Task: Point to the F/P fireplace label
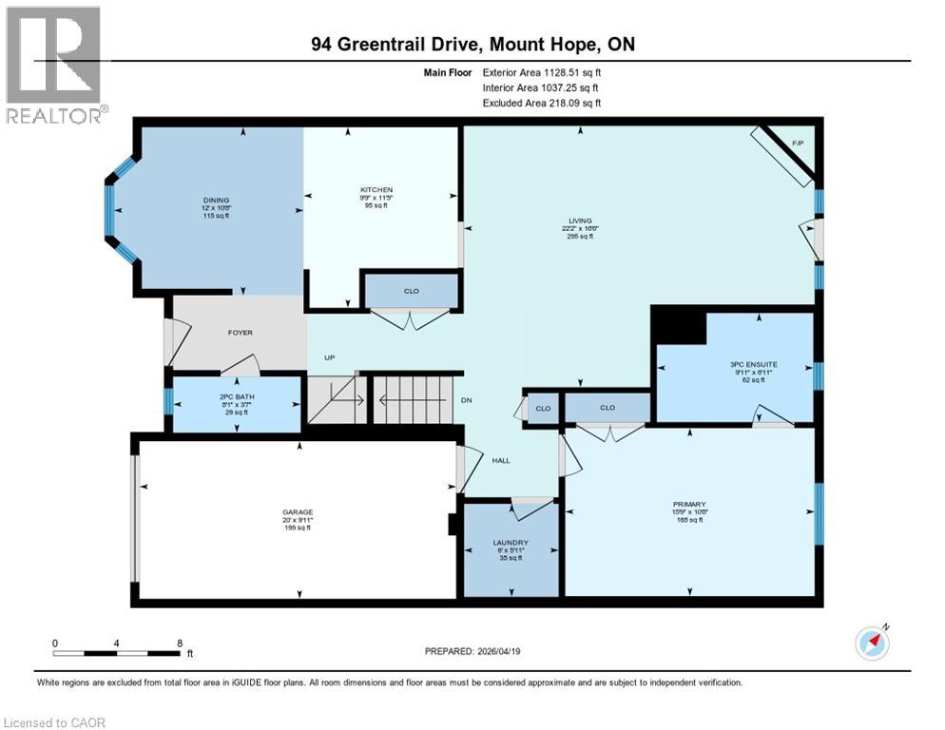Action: pos(799,143)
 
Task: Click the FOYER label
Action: pos(240,333)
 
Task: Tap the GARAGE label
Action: pos(298,512)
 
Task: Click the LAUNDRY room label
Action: pos(511,543)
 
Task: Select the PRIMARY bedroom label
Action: pos(690,505)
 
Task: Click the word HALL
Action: pos(501,461)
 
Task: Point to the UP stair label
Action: pos(330,357)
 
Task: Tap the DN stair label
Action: pos(467,400)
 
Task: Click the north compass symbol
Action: pos(872,643)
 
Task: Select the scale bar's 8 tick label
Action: pos(179,643)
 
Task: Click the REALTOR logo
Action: pos(55,65)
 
